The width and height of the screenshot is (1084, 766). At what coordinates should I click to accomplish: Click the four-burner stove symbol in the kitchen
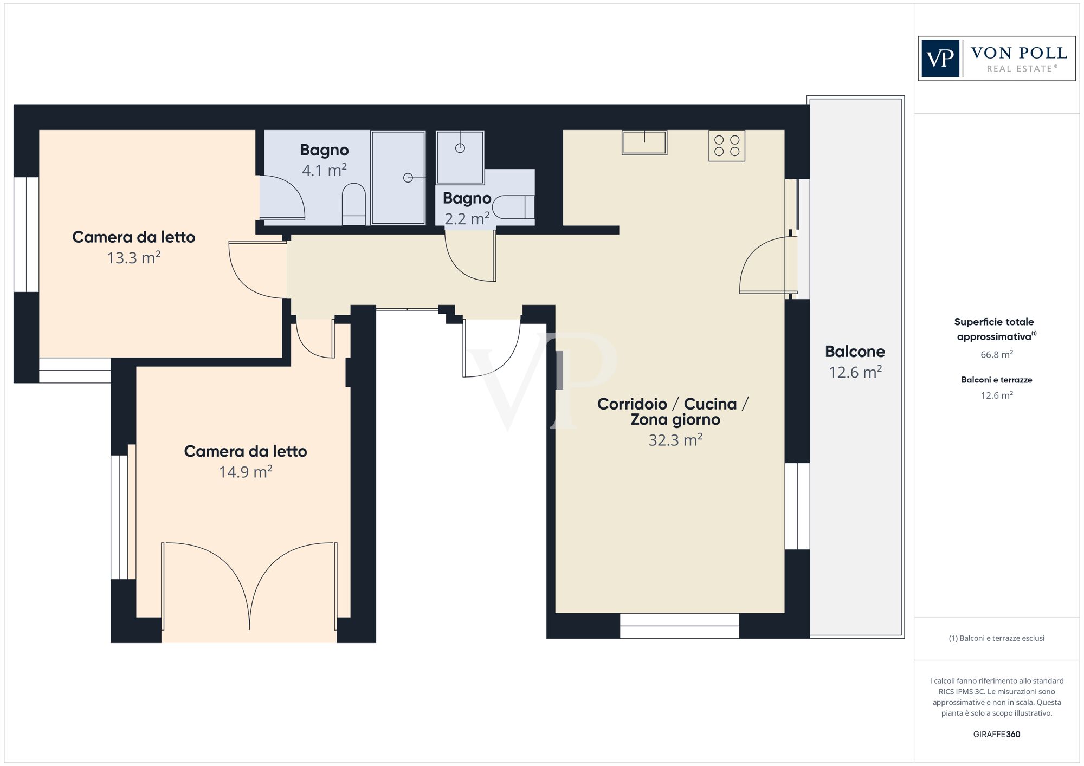click(726, 146)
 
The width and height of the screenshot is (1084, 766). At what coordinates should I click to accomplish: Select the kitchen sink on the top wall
click(644, 142)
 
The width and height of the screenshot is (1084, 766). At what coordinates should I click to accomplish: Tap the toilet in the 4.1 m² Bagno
click(354, 204)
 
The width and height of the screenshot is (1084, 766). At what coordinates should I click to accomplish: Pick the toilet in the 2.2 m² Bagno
click(512, 207)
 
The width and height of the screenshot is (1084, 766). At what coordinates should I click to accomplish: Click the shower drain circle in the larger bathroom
click(408, 178)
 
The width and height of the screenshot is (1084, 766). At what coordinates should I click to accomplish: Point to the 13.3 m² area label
click(133, 258)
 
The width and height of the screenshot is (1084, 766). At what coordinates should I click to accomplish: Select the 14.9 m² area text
click(245, 472)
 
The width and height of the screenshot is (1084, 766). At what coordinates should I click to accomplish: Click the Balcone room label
click(854, 352)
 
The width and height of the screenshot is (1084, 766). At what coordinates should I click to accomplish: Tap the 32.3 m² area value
click(675, 440)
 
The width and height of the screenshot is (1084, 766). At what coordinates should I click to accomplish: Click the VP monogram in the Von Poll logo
click(940, 59)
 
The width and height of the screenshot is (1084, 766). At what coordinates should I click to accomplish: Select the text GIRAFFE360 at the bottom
click(996, 734)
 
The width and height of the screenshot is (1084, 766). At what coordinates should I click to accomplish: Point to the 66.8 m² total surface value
click(996, 355)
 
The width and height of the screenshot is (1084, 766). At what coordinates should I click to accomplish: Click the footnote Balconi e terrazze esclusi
click(996, 638)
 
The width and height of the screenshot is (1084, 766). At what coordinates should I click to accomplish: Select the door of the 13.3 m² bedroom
click(255, 271)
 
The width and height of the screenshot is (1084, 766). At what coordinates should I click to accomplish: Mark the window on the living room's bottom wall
click(679, 626)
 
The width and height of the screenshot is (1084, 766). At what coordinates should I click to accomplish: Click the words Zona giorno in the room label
click(675, 420)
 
